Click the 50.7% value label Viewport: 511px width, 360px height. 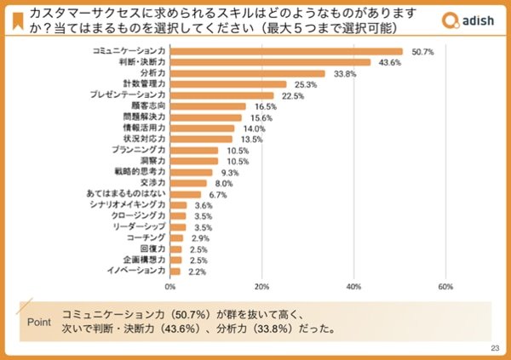tap(422, 52)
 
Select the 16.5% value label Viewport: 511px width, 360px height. tap(265, 106)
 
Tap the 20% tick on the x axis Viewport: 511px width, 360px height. tap(262, 286)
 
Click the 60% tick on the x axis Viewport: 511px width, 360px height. tap(445, 286)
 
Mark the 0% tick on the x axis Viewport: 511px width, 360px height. tap(170, 286)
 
